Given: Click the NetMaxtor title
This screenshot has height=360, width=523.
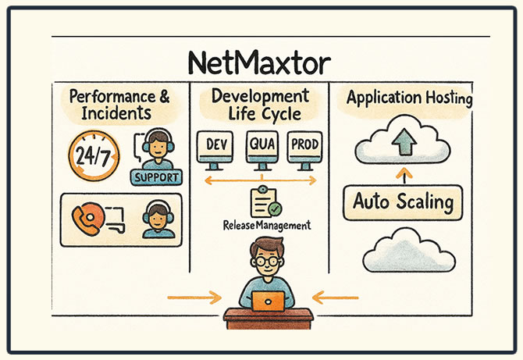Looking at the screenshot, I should [261, 62].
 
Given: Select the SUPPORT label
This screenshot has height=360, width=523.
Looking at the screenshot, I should [157, 176].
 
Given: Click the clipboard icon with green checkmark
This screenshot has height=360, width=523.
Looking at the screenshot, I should [265, 201].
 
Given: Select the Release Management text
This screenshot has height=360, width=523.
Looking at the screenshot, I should [266, 225].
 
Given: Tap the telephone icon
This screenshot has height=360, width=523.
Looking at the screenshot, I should [87, 219].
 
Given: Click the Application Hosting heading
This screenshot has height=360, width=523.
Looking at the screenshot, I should [409, 98].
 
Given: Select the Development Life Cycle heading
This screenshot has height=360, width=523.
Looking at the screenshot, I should [261, 105].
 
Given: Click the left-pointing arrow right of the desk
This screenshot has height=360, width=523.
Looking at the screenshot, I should [336, 298].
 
